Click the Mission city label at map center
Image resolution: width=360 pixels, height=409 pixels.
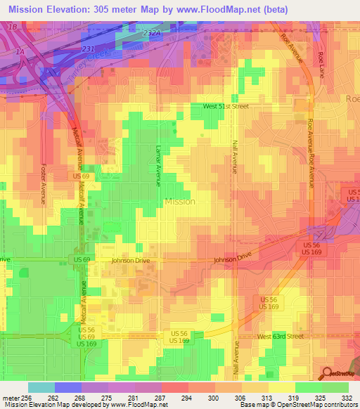(179, 201)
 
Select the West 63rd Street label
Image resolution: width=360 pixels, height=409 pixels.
(279, 337)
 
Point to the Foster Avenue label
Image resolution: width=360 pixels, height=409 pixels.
(43, 184)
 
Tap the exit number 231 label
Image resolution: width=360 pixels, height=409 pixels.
(87, 48)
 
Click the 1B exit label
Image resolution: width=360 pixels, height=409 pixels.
(11, 26)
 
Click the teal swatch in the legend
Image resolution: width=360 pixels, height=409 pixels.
(41, 387)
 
